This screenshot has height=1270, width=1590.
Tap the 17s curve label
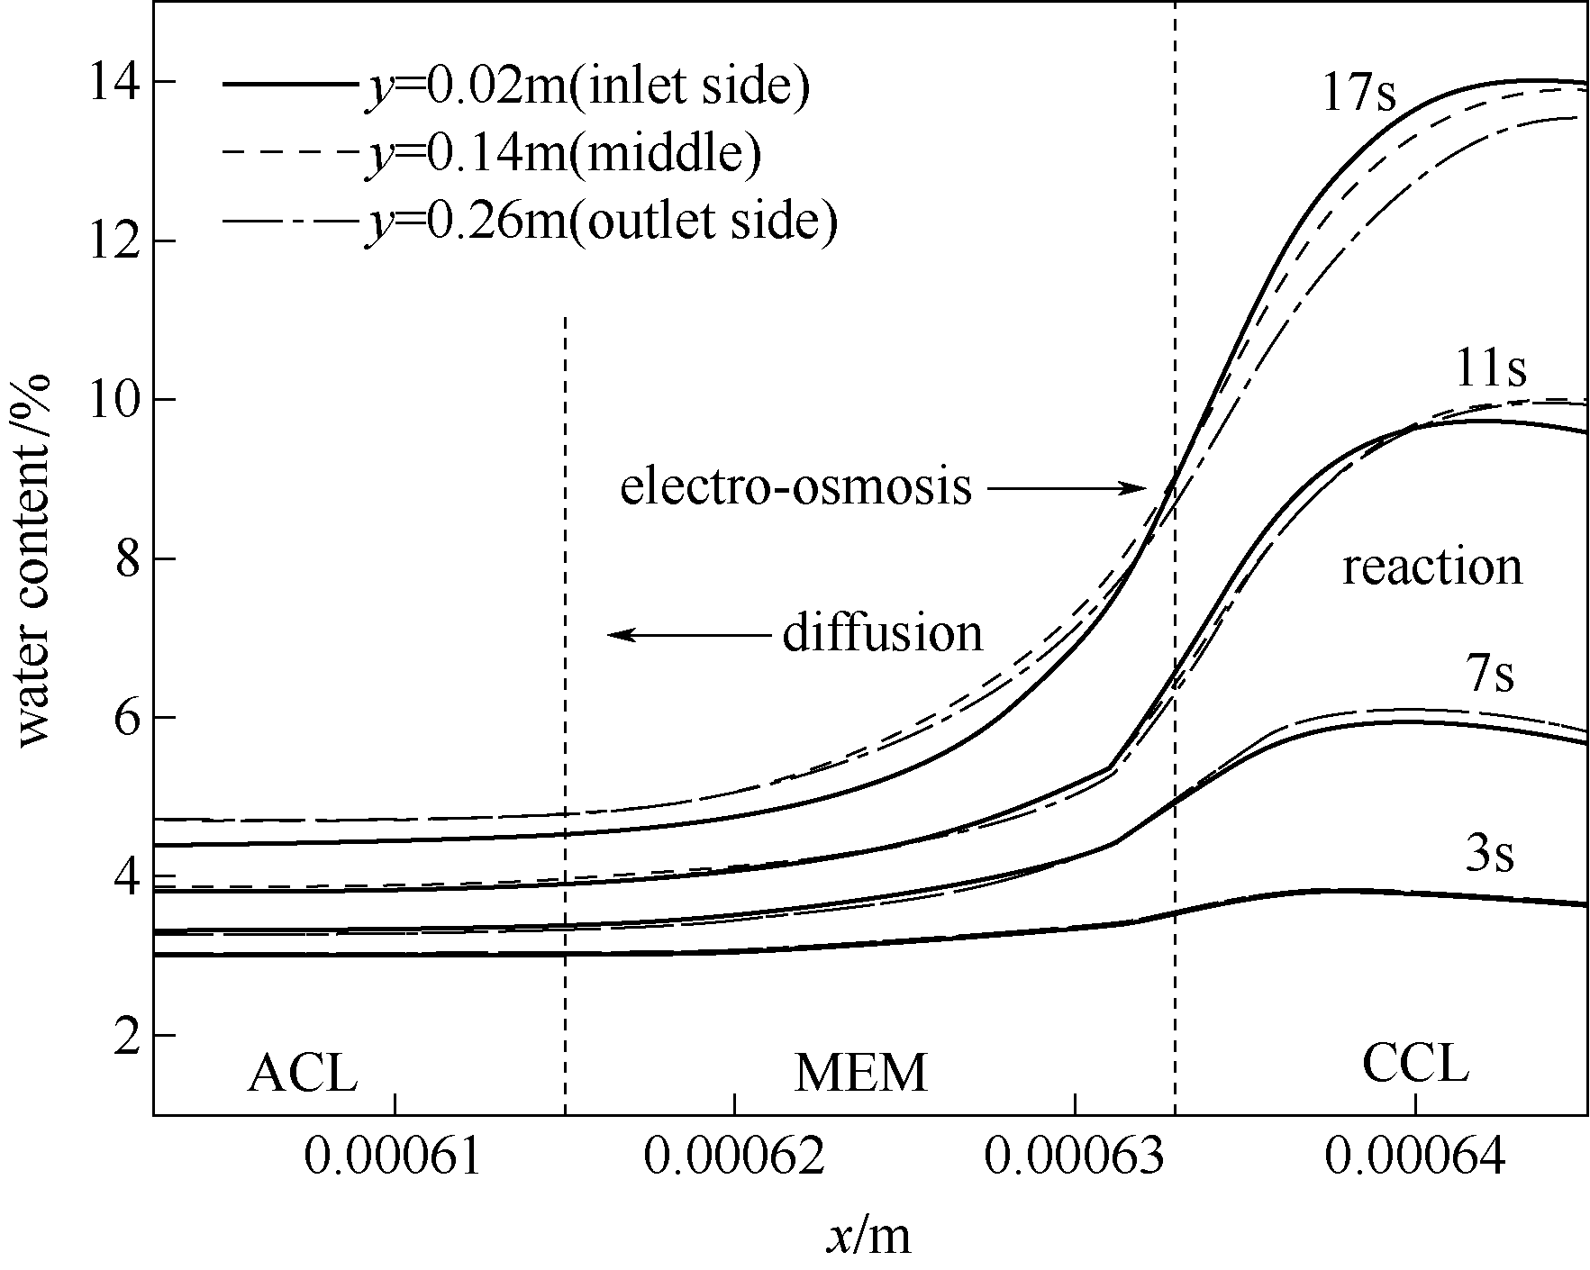pos(1358,92)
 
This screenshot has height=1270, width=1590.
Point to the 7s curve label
pos(1490,676)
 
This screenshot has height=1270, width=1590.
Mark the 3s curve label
pos(1489,855)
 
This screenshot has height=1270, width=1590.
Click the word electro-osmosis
pos(796,487)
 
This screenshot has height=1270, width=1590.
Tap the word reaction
pos(1431,567)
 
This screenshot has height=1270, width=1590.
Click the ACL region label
pos(303,1073)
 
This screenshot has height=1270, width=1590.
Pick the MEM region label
pos(860,1073)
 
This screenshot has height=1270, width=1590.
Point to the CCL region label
pos(1415,1066)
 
